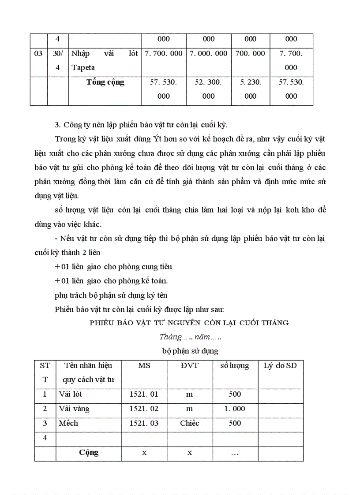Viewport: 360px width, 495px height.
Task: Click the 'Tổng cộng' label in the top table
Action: pos(105,82)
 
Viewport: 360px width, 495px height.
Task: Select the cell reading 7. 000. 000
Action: pos(208,54)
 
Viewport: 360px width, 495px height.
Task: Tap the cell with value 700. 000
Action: pos(250,54)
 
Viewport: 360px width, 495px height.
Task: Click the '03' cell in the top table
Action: pos(38,54)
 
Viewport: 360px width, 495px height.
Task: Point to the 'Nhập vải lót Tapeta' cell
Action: pos(105,60)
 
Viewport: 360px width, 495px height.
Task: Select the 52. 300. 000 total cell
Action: pos(208,89)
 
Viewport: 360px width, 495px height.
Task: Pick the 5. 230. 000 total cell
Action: pos(250,89)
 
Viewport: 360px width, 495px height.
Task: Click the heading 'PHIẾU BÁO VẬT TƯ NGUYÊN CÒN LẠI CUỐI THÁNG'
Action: pos(189,323)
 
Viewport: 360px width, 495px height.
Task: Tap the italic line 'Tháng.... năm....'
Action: pos(190,337)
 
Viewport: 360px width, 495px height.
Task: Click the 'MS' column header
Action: pos(144,365)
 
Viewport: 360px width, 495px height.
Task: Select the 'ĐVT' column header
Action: pos(190,365)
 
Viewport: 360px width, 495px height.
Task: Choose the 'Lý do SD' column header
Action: pos(280,365)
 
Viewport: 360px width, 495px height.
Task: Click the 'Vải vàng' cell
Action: pos(74,409)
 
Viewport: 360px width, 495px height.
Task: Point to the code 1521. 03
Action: pos(144,423)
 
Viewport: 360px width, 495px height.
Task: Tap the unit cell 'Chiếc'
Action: pos(190,423)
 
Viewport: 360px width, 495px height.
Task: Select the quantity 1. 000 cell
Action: pos(235,409)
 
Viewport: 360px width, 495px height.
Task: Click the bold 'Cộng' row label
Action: pos(89,452)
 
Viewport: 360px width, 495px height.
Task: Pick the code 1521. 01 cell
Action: pos(144,395)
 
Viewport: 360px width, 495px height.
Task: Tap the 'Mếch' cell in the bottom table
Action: pos(68,423)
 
